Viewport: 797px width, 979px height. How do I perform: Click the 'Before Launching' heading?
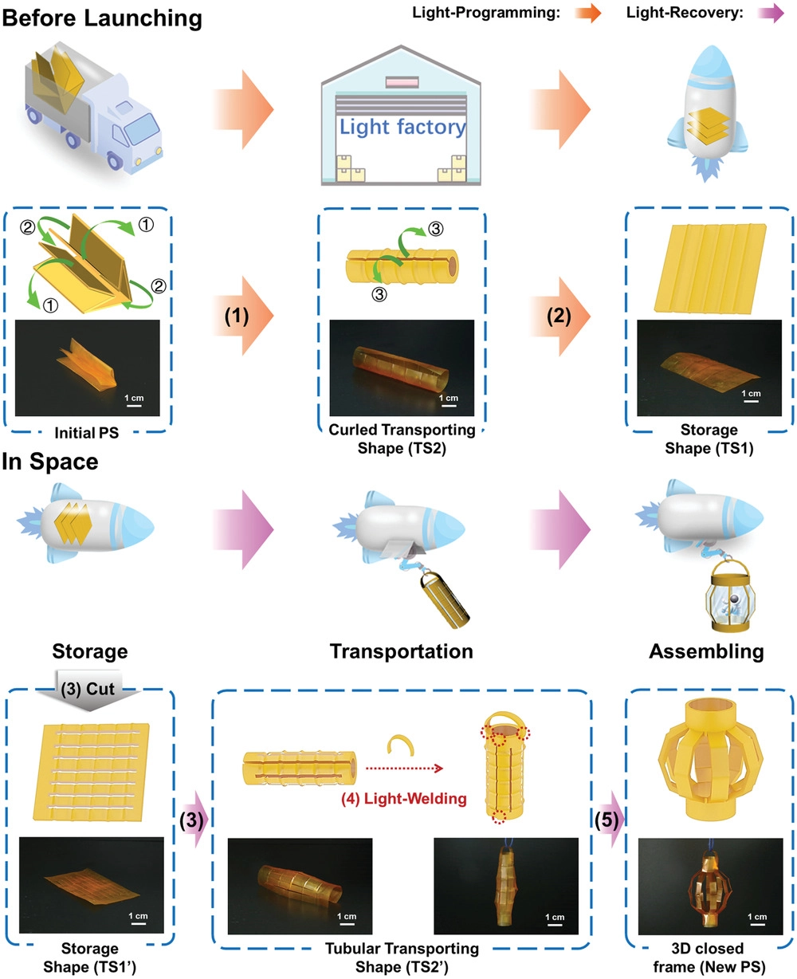[x=102, y=18]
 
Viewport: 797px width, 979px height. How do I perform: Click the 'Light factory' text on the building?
[x=402, y=126]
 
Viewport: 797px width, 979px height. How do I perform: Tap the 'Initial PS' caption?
[x=87, y=437]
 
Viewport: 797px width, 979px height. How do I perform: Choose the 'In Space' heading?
[x=50, y=463]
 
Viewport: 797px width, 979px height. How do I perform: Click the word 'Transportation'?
[x=402, y=651]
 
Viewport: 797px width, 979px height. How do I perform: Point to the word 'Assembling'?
[x=706, y=651]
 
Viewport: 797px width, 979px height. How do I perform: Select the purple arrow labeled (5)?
[x=611, y=820]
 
